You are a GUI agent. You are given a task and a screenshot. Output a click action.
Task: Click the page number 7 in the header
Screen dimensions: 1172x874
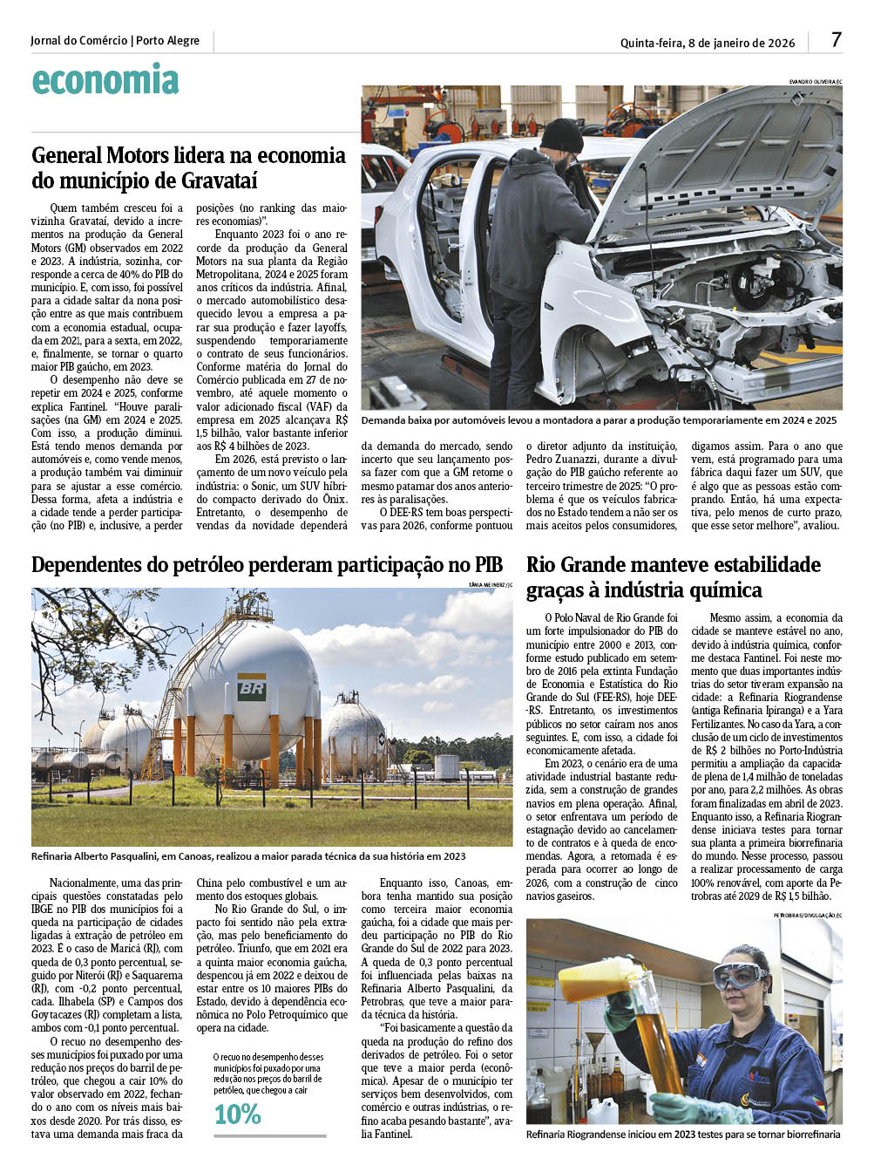836,40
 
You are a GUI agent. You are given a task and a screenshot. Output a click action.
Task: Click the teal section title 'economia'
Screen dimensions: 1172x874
105,80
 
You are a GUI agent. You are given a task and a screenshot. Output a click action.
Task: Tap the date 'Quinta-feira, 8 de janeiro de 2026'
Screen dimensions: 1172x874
708,43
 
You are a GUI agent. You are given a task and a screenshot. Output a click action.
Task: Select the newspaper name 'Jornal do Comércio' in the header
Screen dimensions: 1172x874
78,41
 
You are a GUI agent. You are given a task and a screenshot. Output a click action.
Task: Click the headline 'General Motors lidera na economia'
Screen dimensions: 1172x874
188,156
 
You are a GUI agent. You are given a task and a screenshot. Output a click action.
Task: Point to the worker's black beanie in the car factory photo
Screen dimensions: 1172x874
561,136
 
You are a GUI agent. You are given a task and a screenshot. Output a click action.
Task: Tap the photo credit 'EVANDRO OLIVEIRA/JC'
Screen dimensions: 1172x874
815,82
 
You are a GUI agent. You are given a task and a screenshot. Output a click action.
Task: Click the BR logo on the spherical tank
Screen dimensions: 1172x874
251,688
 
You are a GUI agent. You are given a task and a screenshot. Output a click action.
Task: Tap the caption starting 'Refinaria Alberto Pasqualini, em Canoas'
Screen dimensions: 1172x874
248,856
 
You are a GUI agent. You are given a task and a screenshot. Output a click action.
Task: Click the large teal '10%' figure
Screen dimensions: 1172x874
238,1114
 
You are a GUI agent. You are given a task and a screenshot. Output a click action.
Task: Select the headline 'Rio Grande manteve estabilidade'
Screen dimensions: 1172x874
674,564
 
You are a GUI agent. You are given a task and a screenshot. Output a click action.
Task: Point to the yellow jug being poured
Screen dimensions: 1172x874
600,980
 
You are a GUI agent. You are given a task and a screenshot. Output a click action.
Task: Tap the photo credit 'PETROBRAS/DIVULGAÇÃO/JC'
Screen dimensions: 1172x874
808,915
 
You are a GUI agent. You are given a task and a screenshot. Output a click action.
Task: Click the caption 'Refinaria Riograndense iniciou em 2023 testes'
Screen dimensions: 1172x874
683,1135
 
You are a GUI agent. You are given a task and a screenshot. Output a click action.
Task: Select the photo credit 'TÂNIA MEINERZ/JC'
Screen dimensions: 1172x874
490,583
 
